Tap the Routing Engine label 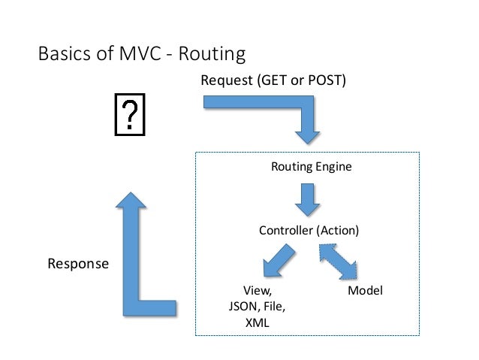(x=310, y=167)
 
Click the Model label (x=366, y=290)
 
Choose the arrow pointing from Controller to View (x=277, y=263)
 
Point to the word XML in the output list (x=257, y=322)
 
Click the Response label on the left (x=78, y=264)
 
